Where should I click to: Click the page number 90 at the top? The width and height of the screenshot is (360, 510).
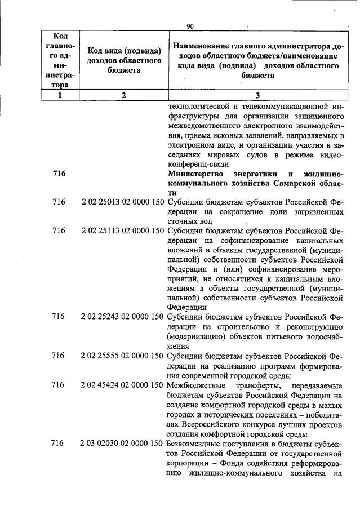pos(189,26)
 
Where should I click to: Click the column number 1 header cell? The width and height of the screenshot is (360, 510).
pos(58,95)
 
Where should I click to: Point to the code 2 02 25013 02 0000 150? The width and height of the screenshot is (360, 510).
pos(122,201)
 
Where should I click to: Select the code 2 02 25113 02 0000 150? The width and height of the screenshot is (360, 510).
pos(122,230)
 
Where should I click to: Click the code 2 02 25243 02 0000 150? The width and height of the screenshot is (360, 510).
pos(122,317)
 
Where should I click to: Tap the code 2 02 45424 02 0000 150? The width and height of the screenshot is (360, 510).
pos(122,385)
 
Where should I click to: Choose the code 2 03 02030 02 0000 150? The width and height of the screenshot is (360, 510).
pos(122,444)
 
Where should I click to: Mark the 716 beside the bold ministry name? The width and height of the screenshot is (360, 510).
pos(59,174)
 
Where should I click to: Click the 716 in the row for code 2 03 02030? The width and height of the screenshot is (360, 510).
pos(59,444)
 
